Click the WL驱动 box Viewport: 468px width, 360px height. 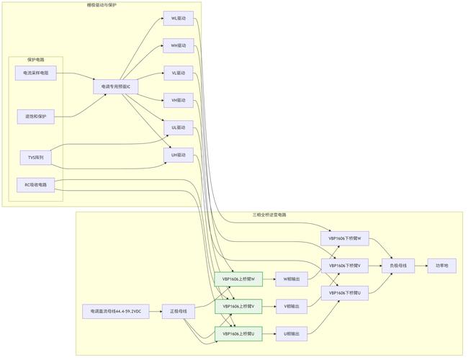[178, 18]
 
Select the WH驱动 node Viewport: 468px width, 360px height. [178, 45]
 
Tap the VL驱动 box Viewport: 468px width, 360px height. [178, 73]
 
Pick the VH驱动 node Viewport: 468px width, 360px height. [178, 100]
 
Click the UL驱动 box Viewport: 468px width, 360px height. [178, 127]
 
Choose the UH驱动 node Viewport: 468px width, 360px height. [178, 155]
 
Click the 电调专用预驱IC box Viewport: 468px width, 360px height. [116, 86]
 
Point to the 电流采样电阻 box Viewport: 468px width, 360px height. [35, 73]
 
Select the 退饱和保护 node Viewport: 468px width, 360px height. [35, 116]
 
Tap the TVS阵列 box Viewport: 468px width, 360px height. [35, 157]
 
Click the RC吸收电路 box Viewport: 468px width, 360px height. [35, 185]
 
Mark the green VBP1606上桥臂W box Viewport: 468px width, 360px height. [238, 279]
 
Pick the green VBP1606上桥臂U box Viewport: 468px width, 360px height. [238, 333]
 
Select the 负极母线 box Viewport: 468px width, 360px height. [398, 266]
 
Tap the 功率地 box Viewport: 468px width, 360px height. [441, 266]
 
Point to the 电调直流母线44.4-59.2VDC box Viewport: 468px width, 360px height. [116, 312]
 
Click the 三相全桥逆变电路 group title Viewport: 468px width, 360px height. [269, 215]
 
